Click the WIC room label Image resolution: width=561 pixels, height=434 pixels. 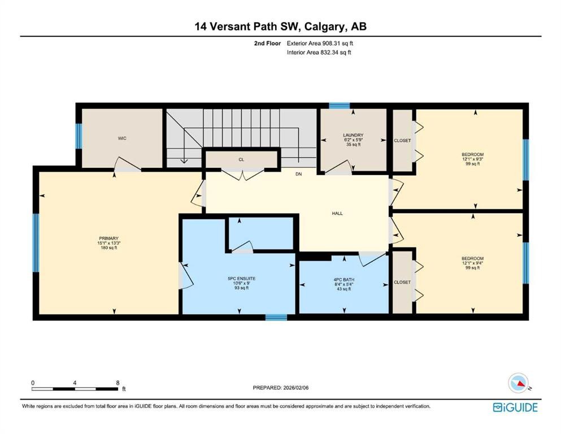point(122,138)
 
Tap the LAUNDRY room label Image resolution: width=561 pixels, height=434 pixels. point(353,135)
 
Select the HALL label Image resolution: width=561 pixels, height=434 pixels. point(337,214)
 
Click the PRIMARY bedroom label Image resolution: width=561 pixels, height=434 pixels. point(108,238)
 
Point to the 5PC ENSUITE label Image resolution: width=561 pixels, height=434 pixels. point(238,279)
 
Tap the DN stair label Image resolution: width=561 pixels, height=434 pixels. point(298,174)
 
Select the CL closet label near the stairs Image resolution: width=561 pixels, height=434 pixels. point(241,160)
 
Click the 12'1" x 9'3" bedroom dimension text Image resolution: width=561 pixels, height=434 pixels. point(472,159)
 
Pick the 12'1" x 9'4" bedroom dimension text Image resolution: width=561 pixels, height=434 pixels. point(472,263)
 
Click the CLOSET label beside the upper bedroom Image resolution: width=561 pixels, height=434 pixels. point(402,141)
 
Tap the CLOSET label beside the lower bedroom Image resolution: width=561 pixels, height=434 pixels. point(402,282)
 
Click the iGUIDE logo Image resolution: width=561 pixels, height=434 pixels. point(515,407)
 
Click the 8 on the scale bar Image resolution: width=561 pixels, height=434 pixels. point(117,383)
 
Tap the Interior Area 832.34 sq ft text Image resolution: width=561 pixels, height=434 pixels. point(320,53)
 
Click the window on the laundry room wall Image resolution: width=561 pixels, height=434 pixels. point(339,105)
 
